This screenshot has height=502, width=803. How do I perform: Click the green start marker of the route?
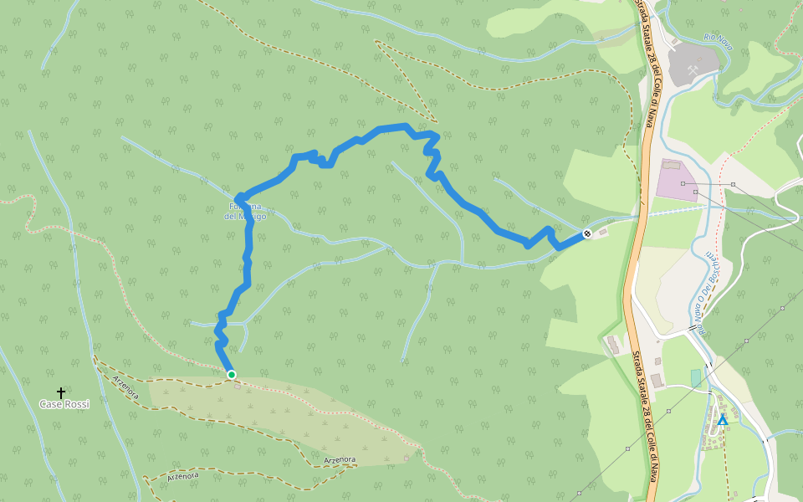(x=232, y=375)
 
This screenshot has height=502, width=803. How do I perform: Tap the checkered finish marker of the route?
(x=587, y=233)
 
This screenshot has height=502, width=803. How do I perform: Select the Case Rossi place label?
(x=64, y=404)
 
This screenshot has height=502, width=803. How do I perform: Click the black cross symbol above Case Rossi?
(x=61, y=392)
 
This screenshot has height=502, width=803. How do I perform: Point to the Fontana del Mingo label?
(x=246, y=212)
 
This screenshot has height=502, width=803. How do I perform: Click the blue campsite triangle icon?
(x=722, y=420)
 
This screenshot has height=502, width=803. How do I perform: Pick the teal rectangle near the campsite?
(x=695, y=378)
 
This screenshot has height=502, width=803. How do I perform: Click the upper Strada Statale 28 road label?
(x=647, y=63)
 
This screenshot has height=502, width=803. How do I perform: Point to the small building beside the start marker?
(x=238, y=385)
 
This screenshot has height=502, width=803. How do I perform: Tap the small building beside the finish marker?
(x=604, y=231)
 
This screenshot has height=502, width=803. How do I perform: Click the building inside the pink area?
(x=671, y=165)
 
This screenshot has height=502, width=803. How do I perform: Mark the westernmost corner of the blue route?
(x=238, y=197)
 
